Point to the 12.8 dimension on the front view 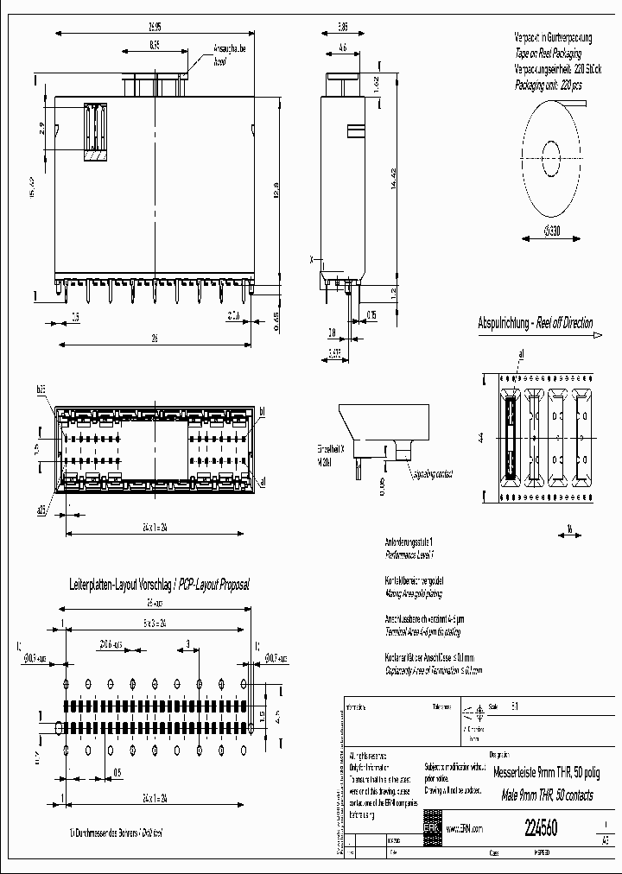click(272, 186)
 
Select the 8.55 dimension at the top click(155, 44)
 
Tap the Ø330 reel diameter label click(546, 229)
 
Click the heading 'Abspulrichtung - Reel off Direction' click(536, 323)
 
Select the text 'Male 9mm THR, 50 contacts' click(548, 795)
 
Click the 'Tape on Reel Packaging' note click(553, 53)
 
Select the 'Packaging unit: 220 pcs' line click(549, 85)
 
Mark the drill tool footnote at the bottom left click(116, 833)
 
